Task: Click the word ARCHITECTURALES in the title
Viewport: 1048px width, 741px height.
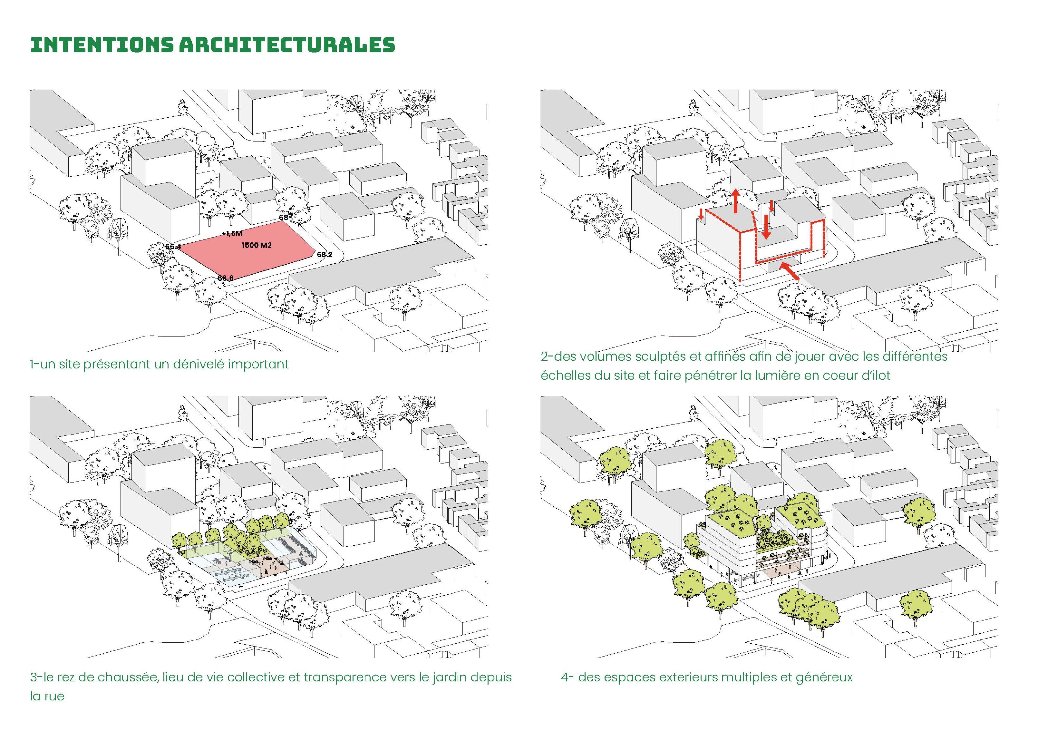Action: tap(287, 45)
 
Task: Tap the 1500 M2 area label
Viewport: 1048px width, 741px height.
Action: tap(256, 246)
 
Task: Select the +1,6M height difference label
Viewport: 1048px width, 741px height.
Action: tap(232, 233)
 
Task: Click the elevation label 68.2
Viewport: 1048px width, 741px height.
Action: tap(325, 255)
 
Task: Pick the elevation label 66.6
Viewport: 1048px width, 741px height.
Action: tap(226, 278)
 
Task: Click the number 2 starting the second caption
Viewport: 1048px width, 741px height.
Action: tap(544, 356)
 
